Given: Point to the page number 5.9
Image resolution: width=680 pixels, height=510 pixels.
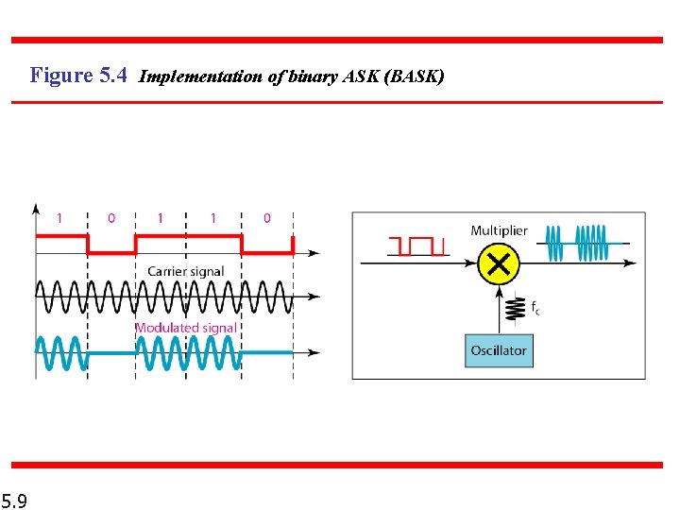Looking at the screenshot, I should click(x=14, y=500).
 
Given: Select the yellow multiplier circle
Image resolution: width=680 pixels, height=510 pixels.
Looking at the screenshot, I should click(x=499, y=265).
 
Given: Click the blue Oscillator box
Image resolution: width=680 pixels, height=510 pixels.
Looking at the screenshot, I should click(x=499, y=350).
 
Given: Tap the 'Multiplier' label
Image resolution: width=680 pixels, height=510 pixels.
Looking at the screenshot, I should click(x=499, y=230).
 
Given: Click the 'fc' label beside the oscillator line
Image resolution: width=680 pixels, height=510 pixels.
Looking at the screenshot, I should click(x=535, y=307).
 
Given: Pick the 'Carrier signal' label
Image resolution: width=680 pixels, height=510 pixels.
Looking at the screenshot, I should click(x=186, y=271).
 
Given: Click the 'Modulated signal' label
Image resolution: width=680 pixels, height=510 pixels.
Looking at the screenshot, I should click(x=186, y=328).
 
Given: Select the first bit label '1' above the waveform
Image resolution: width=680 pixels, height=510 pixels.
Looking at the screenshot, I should click(x=59, y=218).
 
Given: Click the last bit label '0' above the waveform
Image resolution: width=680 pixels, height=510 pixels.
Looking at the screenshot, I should click(x=266, y=218).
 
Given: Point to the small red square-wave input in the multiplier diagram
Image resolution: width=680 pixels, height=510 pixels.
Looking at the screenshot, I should click(x=416, y=246).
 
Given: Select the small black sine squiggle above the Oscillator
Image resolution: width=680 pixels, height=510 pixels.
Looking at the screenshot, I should click(x=515, y=309).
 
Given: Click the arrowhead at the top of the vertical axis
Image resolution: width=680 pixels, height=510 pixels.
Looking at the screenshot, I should click(x=36, y=208).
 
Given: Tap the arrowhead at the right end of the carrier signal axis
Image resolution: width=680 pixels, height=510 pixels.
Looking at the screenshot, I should click(x=314, y=297).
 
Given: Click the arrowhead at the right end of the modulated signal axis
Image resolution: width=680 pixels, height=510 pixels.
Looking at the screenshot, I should click(x=314, y=351).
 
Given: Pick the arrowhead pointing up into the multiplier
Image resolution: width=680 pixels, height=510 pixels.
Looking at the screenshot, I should click(x=499, y=290).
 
